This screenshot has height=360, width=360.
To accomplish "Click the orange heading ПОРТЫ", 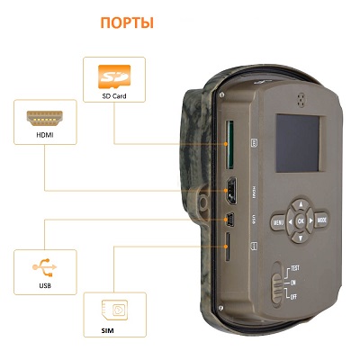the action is (x=127, y=22).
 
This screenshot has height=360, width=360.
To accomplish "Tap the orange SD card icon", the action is (x=114, y=76).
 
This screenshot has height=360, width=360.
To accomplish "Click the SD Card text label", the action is (x=114, y=96).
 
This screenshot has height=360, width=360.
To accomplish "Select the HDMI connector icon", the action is (x=45, y=118).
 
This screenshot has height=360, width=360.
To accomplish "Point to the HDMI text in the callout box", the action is (x=45, y=135).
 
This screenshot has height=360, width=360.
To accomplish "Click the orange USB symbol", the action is (x=45, y=266).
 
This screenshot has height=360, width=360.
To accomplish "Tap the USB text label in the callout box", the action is (x=45, y=285).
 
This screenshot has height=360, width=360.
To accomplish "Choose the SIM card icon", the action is (x=114, y=310).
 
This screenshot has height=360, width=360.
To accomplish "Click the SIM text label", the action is (x=107, y=331).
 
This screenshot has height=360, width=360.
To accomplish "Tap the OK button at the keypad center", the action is (x=301, y=221).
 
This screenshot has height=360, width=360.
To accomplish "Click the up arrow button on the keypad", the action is (x=301, y=205).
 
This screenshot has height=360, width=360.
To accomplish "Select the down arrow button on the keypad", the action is (x=301, y=238).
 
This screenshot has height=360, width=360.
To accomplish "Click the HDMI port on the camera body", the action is (x=231, y=191).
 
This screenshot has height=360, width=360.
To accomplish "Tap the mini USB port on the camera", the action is (x=230, y=220).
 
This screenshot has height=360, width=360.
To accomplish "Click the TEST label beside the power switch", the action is (x=295, y=268).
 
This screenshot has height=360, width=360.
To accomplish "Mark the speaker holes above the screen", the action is (x=301, y=99).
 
